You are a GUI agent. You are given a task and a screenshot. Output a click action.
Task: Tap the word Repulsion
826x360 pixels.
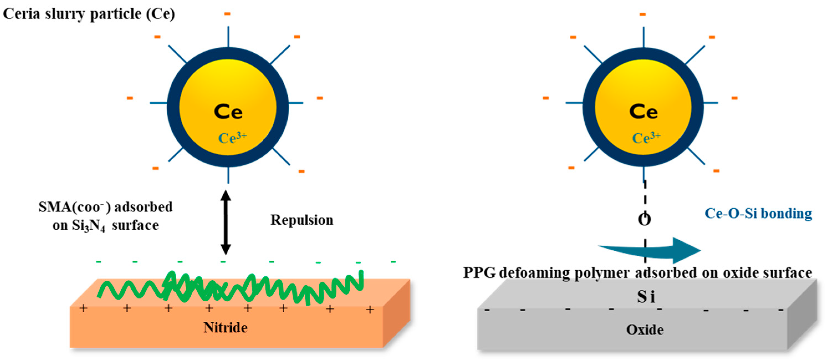pyautogui.click(x=302, y=220)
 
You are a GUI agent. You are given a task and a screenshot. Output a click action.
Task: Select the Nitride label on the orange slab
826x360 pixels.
pyautogui.click(x=226, y=328)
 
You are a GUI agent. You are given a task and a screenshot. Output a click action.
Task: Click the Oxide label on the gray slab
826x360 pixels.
pyautogui.click(x=645, y=330)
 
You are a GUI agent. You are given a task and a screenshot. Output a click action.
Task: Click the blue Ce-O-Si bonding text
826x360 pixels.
pyautogui.click(x=758, y=213)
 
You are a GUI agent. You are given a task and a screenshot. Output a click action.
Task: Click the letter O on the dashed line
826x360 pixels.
pyautogui.click(x=645, y=219)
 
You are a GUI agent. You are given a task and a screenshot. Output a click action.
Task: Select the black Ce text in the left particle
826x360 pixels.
pyautogui.click(x=228, y=112)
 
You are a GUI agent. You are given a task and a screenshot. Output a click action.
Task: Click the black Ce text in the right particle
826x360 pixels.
pyautogui.click(x=643, y=112)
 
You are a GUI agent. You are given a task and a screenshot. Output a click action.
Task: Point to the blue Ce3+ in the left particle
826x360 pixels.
pyautogui.click(x=232, y=138)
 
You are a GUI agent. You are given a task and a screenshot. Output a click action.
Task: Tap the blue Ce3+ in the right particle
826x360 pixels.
pyautogui.click(x=646, y=138)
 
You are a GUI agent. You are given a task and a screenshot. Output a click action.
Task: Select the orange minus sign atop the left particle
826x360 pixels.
pyautogui.click(x=227, y=14)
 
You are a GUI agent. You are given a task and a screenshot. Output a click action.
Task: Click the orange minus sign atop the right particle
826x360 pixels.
pyautogui.click(x=642, y=14)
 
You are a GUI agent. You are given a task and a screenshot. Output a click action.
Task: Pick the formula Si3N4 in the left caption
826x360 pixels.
pyautogui.click(x=88, y=226)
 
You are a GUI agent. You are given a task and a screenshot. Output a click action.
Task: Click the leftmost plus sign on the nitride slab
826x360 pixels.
pyautogui.click(x=83, y=308)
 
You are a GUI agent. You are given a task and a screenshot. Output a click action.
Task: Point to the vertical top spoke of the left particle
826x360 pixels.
pyautogui.click(x=228, y=37)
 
